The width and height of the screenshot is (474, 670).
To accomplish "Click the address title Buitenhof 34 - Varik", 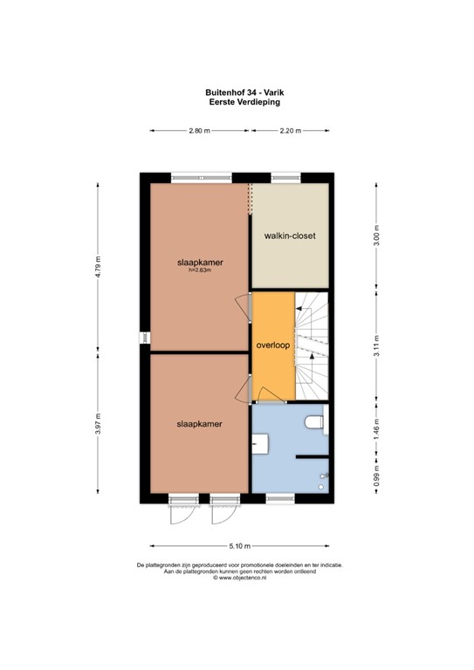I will [x=237, y=90].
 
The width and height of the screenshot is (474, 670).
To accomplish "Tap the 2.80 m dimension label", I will [x=200, y=131].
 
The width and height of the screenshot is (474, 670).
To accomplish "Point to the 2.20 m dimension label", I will [x=290, y=131].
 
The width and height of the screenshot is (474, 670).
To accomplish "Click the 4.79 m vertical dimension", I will [x=100, y=264].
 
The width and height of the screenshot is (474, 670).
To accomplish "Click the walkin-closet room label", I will [x=290, y=236].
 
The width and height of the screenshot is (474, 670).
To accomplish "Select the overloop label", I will [x=271, y=345].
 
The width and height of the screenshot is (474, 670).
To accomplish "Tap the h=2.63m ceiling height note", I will [x=200, y=270].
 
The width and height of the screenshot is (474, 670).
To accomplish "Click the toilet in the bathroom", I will [x=316, y=423].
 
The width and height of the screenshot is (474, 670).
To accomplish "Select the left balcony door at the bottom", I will [x=182, y=512].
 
